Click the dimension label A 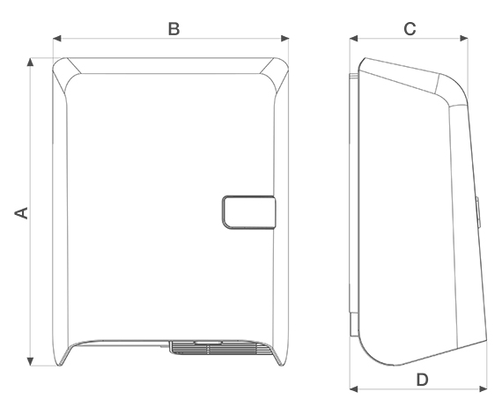point(23,212)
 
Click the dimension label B point(174,29)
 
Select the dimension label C point(410,29)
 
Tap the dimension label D point(422,380)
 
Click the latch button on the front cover point(248,212)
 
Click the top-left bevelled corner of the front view point(63,74)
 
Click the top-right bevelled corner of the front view point(279,74)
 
